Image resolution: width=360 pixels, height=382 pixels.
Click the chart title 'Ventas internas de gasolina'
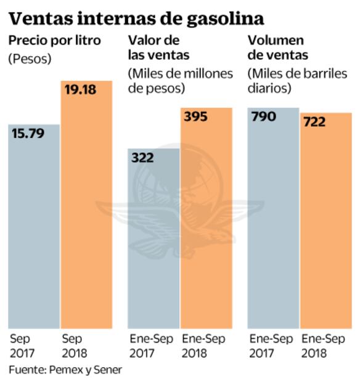[x=136, y=17]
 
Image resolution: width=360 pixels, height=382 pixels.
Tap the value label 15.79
[x=29, y=133]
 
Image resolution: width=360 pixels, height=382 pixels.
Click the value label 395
[x=195, y=117]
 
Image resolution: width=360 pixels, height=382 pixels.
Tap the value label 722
[x=314, y=122]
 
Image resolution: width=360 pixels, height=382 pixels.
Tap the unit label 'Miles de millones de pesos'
[x=180, y=81]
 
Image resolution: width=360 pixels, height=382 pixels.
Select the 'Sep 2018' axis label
[x=75, y=346]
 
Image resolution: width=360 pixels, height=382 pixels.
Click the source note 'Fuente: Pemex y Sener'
[x=65, y=370]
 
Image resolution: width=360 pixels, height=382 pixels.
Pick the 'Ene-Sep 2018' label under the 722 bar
[x=323, y=346]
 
